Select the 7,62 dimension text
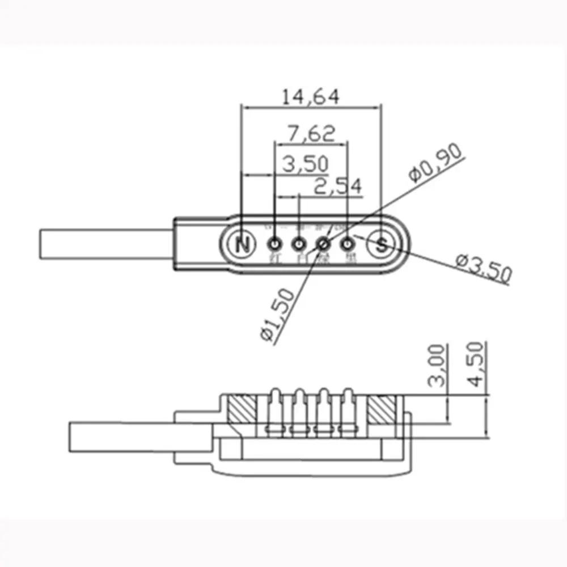tap(311, 134)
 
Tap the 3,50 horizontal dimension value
tap(306, 164)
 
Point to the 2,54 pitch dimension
tap(337, 187)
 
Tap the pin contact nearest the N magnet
tap(275, 244)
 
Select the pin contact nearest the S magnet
tap(347, 244)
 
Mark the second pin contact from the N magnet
tap(299, 244)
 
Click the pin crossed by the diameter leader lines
tap(323, 244)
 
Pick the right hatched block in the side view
tap(382, 410)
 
